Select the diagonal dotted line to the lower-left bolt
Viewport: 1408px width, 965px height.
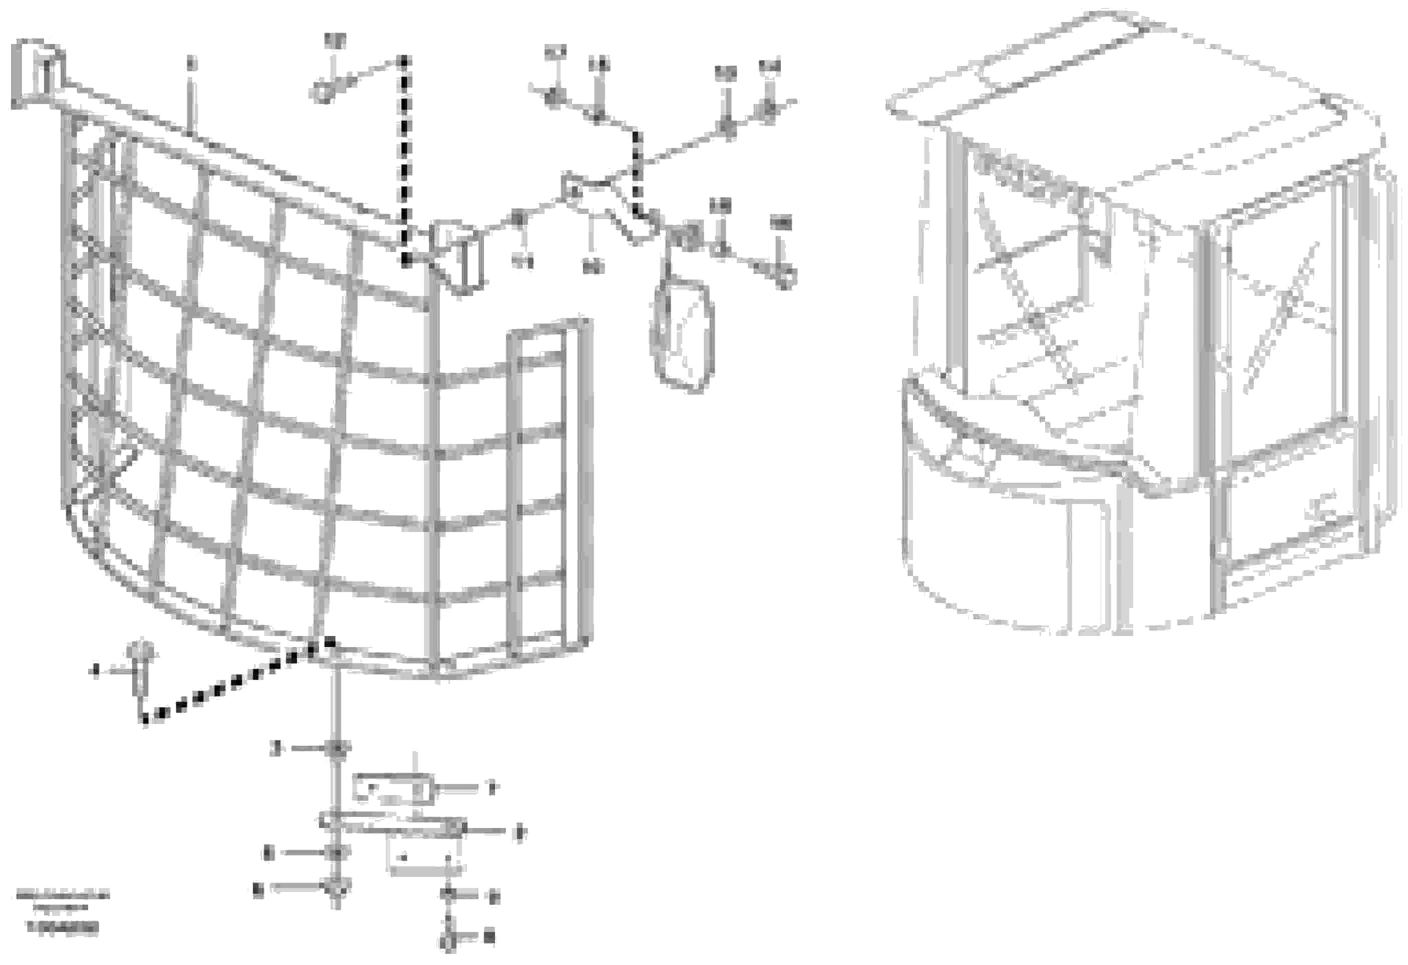[x=236, y=681]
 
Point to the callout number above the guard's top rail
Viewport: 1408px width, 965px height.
[x=191, y=62]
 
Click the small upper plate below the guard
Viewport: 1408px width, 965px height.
[x=394, y=789]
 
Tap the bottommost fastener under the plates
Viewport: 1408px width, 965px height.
[x=447, y=942]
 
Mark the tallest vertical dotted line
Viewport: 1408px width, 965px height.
[x=404, y=157]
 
